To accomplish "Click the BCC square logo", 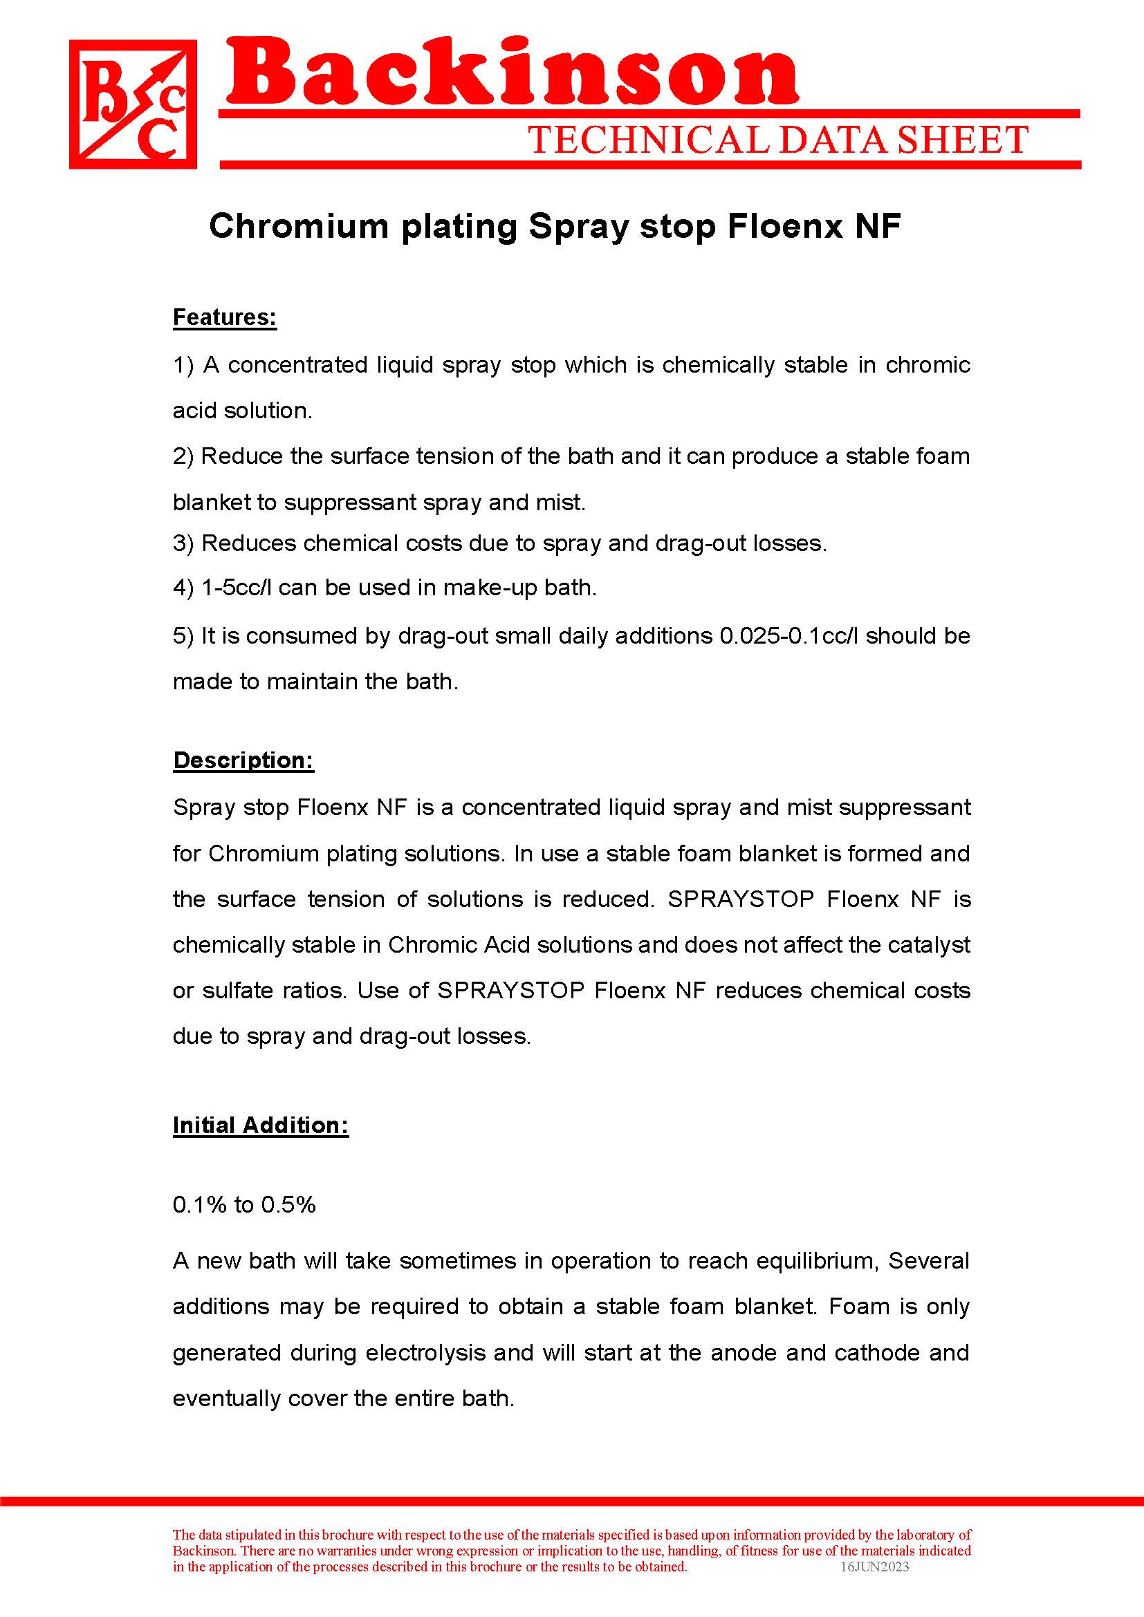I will click(x=132, y=104).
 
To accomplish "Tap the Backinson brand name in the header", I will click(x=512, y=73).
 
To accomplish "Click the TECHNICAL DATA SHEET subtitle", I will click(x=778, y=140).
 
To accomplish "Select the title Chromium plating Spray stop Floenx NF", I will click(x=555, y=227).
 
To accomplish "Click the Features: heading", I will click(x=225, y=317).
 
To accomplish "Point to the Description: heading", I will click(x=243, y=760).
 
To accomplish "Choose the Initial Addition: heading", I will click(x=260, y=1125).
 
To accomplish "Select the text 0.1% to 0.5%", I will click(x=243, y=1204).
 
